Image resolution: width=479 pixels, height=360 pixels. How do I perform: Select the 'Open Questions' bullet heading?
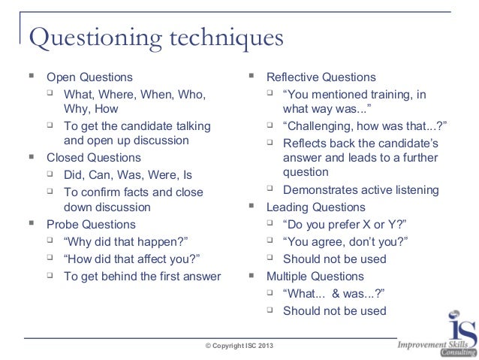click(x=89, y=77)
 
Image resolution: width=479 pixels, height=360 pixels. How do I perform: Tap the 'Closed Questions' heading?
click(x=94, y=158)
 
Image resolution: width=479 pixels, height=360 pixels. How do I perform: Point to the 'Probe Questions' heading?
click(x=91, y=224)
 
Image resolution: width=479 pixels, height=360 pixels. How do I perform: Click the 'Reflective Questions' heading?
click(x=321, y=77)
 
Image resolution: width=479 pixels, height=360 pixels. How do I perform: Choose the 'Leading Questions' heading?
click(x=316, y=207)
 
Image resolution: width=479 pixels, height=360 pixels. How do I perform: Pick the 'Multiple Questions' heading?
click(x=316, y=275)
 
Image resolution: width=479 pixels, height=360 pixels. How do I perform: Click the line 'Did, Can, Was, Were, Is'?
click(x=128, y=175)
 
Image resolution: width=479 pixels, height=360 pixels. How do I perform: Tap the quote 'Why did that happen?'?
click(x=125, y=241)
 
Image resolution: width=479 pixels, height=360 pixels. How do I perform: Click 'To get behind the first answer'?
click(x=142, y=276)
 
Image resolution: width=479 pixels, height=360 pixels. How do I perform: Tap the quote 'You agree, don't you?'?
click(x=345, y=241)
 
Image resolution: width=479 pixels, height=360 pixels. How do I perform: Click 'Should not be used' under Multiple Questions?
click(x=334, y=310)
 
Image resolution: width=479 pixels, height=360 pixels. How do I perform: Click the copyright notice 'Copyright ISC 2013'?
click(x=239, y=344)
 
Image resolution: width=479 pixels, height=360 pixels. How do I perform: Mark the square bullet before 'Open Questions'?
click(x=32, y=77)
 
